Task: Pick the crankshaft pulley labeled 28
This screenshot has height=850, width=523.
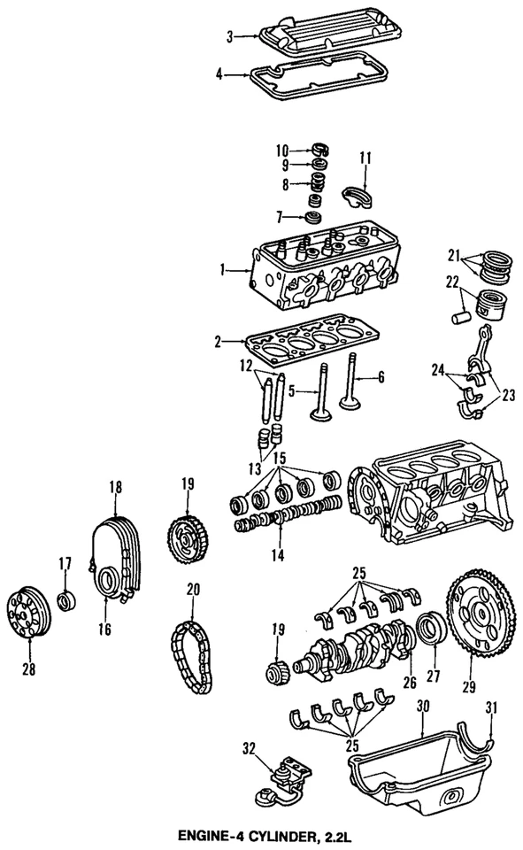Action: pyautogui.click(x=25, y=614)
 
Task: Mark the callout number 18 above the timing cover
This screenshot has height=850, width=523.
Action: pyautogui.click(x=115, y=487)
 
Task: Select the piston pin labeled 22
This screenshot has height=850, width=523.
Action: pyautogui.click(x=459, y=315)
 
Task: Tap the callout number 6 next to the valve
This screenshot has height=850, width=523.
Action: pyautogui.click(x=381, y=377)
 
